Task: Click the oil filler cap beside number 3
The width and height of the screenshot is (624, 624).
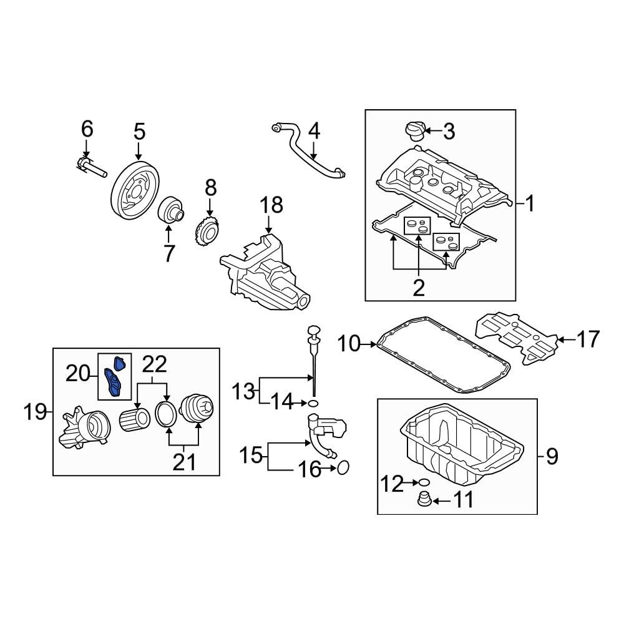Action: coord(414,132)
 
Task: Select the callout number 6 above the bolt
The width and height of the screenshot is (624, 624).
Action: coord(87,129)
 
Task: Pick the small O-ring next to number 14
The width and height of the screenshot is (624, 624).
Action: coord(313,404)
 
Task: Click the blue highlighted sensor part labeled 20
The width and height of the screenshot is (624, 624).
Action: coord(115,378)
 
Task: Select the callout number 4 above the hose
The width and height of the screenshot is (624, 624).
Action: coord(314,131)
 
